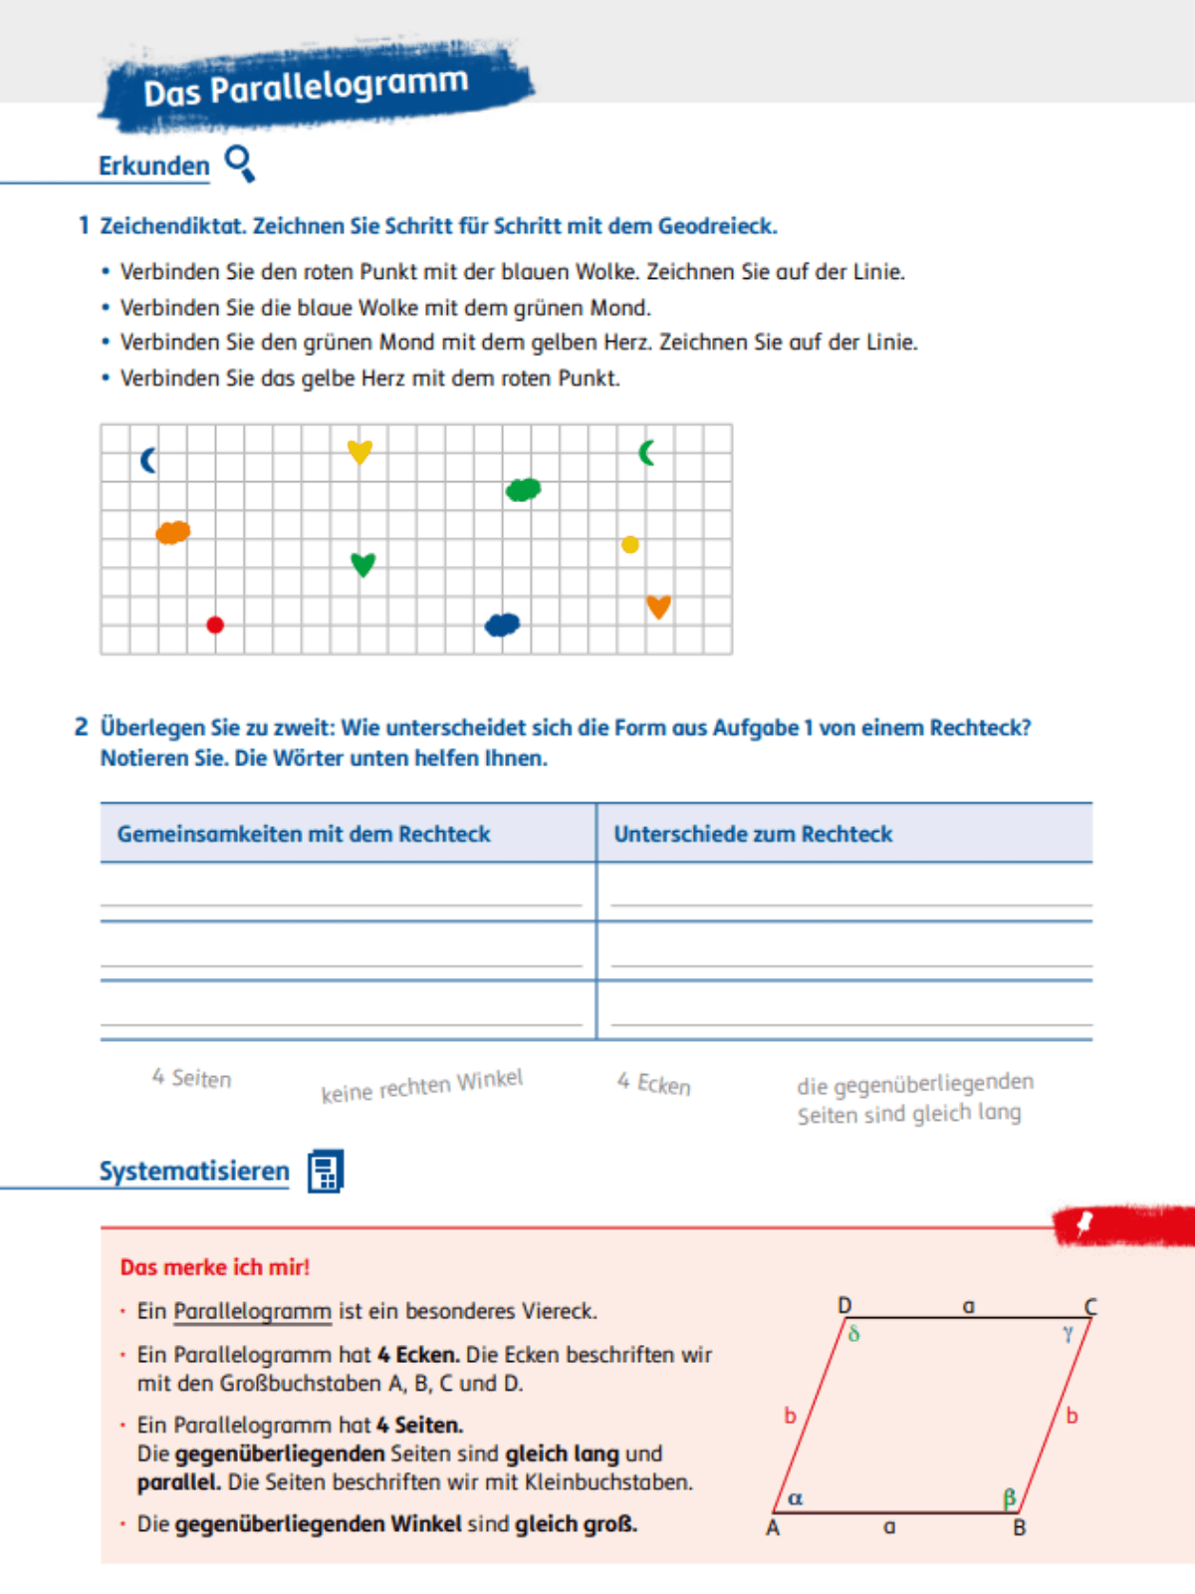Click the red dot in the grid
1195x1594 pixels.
click(215, 625)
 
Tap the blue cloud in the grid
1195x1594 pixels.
click(503, 625)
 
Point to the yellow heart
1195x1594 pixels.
click(359, 451)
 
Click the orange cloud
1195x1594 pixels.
click(173, 532)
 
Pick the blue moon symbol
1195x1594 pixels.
click(148, 460)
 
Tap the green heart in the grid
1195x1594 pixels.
click(362, 565)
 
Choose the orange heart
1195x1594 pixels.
click(658, 607)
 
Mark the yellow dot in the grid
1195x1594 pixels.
click(630, 544)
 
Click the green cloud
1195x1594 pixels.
click(524, 489)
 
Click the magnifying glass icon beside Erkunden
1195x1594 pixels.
click(240, 163)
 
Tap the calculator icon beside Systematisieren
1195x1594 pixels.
click(326, 1172)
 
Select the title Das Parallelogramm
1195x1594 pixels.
click(306, 88)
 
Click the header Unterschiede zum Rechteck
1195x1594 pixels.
click(753, 834)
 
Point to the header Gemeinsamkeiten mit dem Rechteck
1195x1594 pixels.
click(304, 834)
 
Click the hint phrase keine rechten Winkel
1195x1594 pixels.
click(421, 1086)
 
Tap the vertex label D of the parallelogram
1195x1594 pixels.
click(844, 1305)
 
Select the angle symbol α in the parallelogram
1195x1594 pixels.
click(795, 1498)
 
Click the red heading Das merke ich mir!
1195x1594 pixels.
click(215, 1267)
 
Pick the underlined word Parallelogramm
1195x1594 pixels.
click(252, 1311)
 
